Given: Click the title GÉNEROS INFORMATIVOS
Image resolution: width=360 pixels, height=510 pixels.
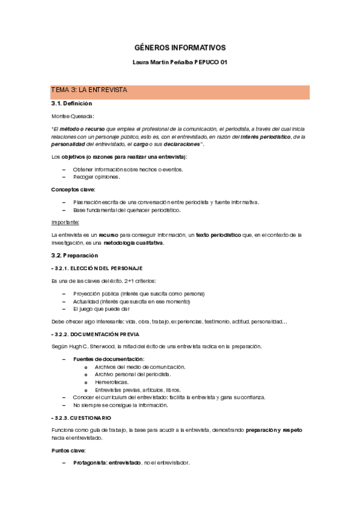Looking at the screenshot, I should pyautogui.click(x=180, y=48).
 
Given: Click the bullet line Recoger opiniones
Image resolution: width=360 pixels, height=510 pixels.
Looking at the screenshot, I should pyautogui.click(x=96, y=177).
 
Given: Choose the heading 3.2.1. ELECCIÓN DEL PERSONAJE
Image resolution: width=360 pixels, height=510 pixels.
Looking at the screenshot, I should pyautogui.click(x=98, y=268).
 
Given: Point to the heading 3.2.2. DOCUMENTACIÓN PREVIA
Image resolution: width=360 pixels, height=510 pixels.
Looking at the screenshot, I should pyautogui.click(x=97, y=334).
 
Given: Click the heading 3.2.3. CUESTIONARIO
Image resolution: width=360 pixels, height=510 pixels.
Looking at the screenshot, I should pyautogui.click(x=83, y=417).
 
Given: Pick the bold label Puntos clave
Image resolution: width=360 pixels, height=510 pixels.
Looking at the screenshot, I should pyautogui.click(x=69, y=450).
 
